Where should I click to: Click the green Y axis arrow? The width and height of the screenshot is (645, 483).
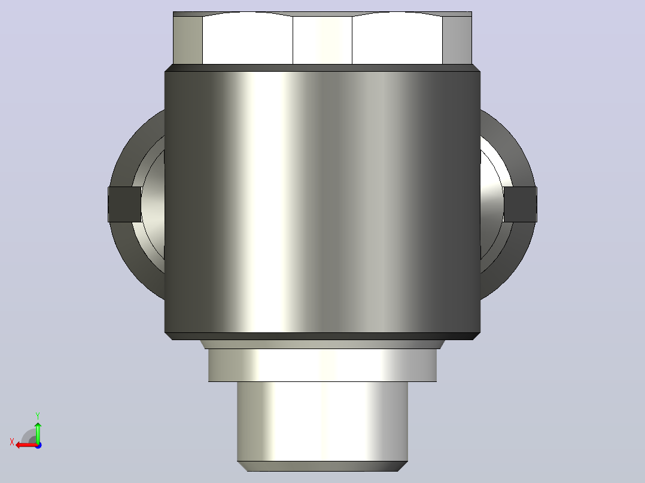pyautogui.click(x=38, y=432)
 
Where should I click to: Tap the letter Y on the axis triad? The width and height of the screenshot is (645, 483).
pyautogui.click(x=38, y=416)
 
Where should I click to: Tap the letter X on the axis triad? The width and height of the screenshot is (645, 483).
pyautogui.click(x=12, y=442)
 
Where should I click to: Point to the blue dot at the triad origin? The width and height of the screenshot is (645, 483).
pyautogui.click(x=38, y=445)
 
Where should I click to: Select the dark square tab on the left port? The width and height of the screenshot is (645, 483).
pyautogui.click(x=124, y=204)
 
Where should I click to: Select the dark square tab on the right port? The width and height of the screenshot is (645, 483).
pyautogui.click(x=520, y=204)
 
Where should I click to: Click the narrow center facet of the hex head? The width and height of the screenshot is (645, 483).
pyautogui.click(x=322, y=40)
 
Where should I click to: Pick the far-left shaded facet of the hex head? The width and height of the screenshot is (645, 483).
pyautogui.click(x=188, y=40)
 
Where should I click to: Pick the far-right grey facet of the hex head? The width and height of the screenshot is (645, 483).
pyautogui.click(x=457, y=40)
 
